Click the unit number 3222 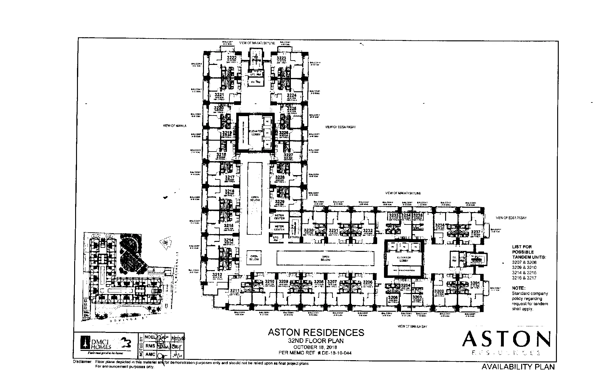coord(232,58)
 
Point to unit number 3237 coord(476,232)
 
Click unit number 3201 coord(475,283)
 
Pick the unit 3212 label coord(217,275)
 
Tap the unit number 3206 coord(368,282)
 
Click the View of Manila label coord(174,126)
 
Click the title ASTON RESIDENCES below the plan coord(316,333)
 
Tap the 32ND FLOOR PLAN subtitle coord(316,341)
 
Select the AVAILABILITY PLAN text coord(518,367)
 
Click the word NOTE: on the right coord(518,288)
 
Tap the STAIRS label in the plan coord(294,237)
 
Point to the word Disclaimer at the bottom coord(82,362)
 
